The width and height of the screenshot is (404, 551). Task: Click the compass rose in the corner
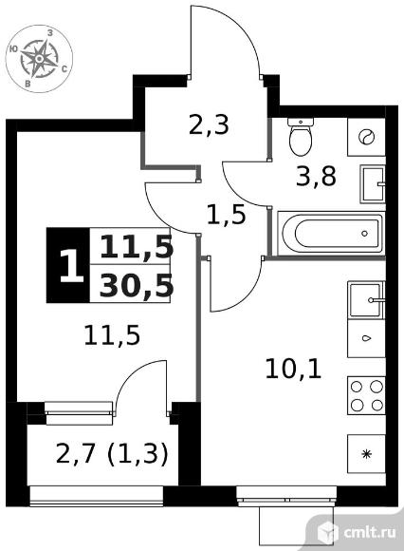pyautogui.click(x=39, y=58)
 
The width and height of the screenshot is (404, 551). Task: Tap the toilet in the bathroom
pyautogui.click(x=301, y=137)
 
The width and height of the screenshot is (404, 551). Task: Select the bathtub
pyautogui.click(x=331, y=234)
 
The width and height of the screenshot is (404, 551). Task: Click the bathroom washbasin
pyautogui.click(x=373, y=183)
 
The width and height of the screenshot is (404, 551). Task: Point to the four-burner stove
pyautogui.click(x=366, y=396)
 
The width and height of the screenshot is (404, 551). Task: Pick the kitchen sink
pyautogui.click(x=366, y=300)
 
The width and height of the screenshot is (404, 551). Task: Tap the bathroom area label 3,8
pyautogui.click(x=316, y=176)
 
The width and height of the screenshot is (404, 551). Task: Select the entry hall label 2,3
pyautogui.click(x=209, y=124)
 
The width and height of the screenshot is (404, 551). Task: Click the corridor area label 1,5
pyautogui.click(x=227, y=215)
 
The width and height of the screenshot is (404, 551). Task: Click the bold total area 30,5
pyautogui.click(x=137, y=286)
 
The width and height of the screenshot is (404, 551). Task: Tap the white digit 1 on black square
pyautogui.click(x=70, y=266)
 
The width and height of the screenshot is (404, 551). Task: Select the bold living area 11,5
pyautogui.click(x=137, y=246)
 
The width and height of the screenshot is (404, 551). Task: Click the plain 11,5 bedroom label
pyautogui.click(x=112, y=335)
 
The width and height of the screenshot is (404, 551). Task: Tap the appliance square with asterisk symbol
pyautogui.click(x=366, y=454)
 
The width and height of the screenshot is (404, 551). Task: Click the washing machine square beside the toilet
pyautogui.click(x=366, y=137)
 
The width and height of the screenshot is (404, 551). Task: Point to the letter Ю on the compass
pyautogui.click(x=13, y=49)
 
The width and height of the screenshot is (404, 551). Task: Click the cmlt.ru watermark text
pyautogui.click(x=370, y=532)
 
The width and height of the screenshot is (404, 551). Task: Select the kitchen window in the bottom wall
pyautogui.click(x=285, y=496)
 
